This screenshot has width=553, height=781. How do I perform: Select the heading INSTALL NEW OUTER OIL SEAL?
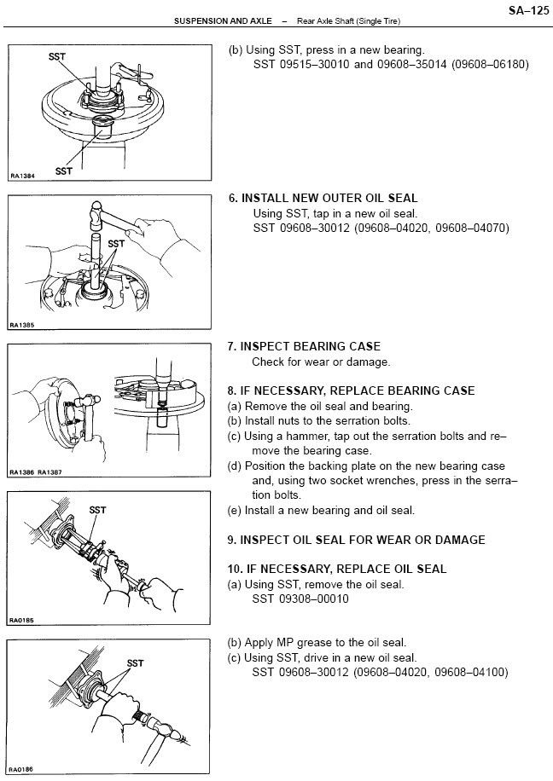[329, 198]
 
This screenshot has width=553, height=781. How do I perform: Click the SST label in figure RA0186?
[135, 662]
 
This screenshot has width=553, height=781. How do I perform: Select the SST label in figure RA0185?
[98, 510]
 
